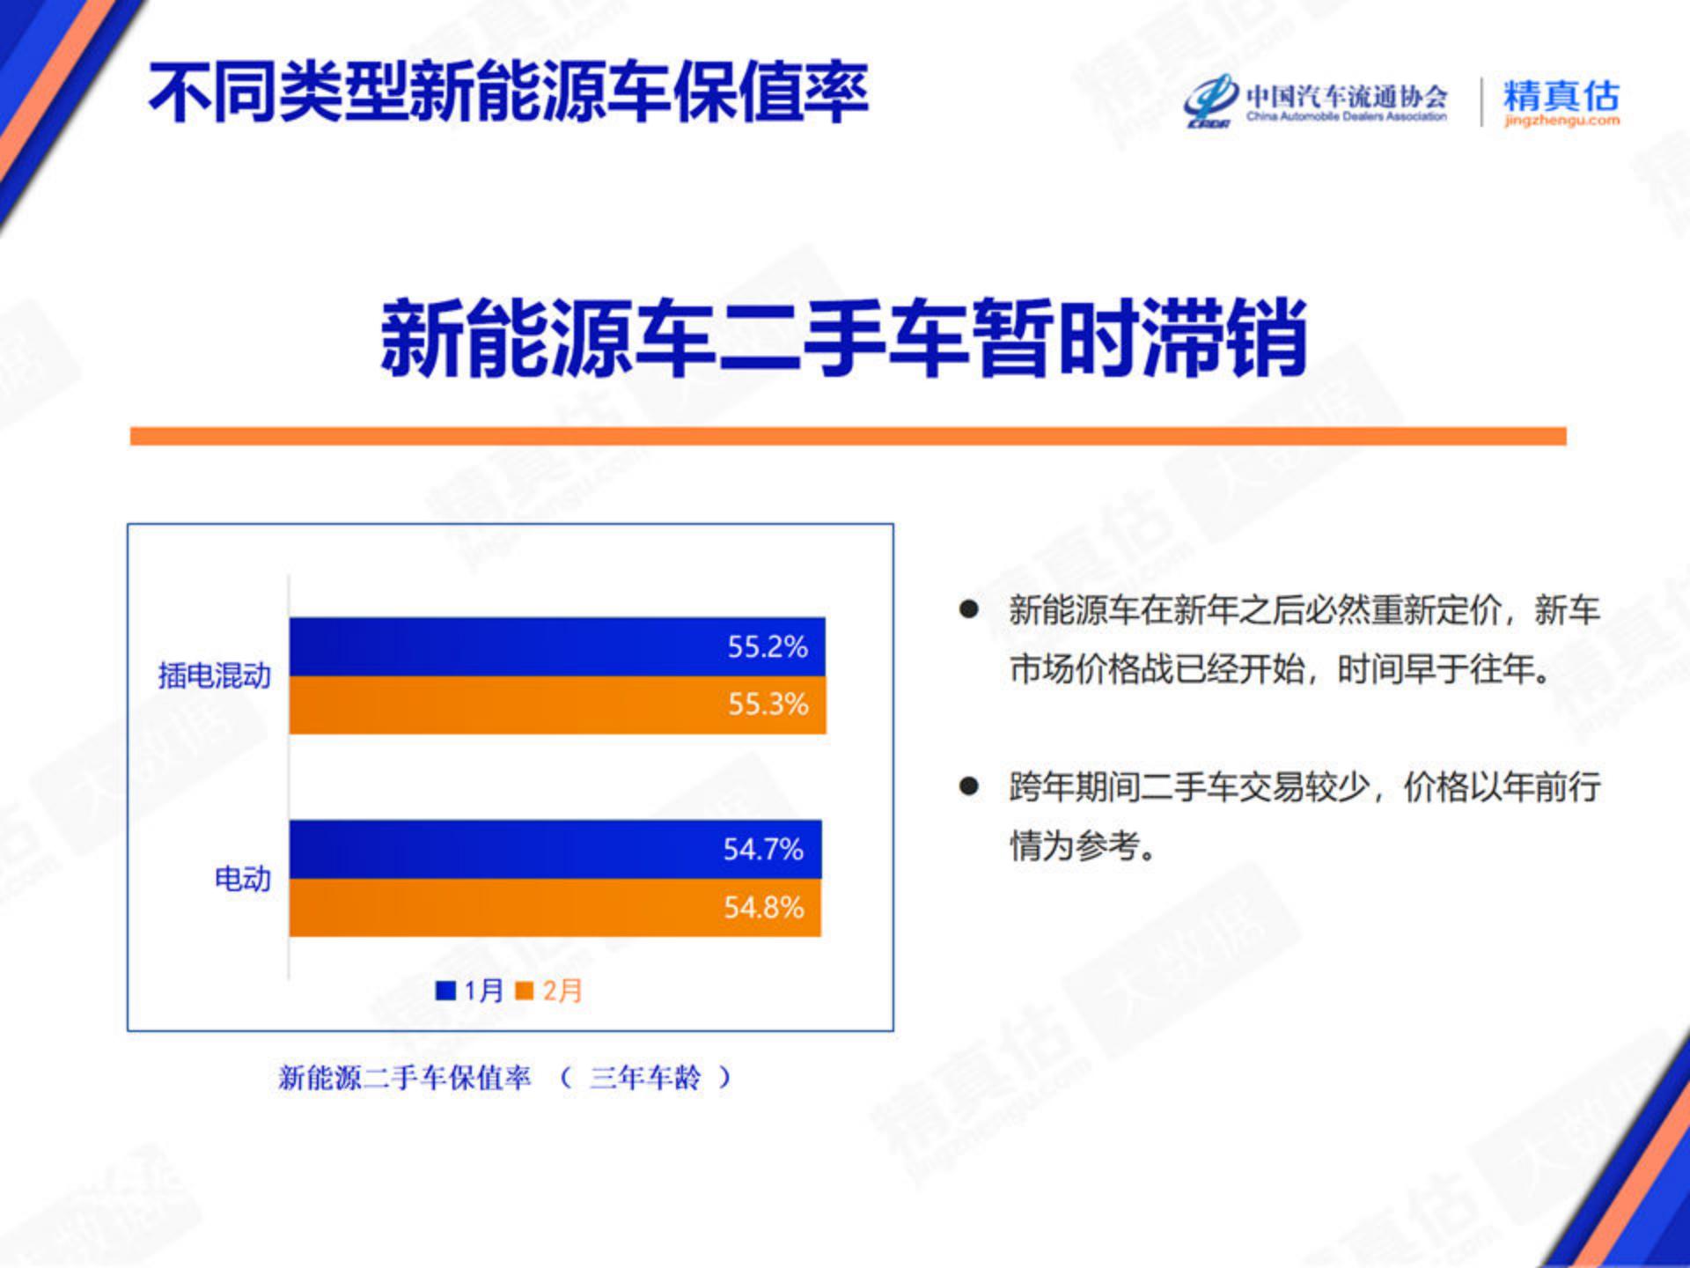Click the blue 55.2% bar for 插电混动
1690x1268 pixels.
pyautogui.click(x=557, y=647)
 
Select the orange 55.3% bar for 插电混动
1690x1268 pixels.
pyautogui.click(x=557, y=704)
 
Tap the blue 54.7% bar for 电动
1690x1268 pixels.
pyautogui.click(x=555, y=850)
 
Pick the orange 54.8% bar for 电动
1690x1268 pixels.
pyautogui.click(x=555, y=907)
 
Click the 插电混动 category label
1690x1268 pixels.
pyautogui.click(x=214, y=675)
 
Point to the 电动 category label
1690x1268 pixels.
pyautogui.click(x=242, y=878)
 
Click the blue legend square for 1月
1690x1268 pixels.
pyautogui.click(x=445, y=991)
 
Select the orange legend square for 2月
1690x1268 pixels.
pyautogui.click(x=524, y=991)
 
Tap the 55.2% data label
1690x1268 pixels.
pyautogui.click(x=767, y=647)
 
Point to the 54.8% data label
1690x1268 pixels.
pyautogui.click(x=763, y=907)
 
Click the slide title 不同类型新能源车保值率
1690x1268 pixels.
pyautogui.click(x=509, y=92)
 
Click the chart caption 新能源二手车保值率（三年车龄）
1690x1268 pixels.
pyautogui.click(x=504, y=1077)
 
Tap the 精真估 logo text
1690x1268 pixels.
pyautogui.click(x=1561, y=94)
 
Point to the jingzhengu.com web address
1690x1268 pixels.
pyautogui.click(x=1561, y=121)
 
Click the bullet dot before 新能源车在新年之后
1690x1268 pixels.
pyautogui.click(x=969, y=609)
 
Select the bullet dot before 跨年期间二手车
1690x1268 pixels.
pyautogui.click(x=969, y=786)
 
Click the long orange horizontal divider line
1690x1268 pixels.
pyautogui.click(x=849, y=437)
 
